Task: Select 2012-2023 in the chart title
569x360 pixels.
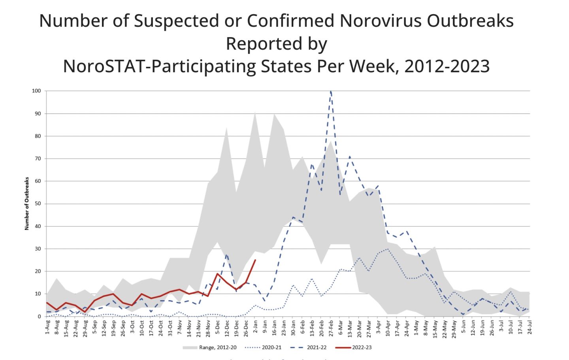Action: [447, 66]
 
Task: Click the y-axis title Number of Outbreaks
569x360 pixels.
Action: [27, 204]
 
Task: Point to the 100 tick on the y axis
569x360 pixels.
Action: [36, 91]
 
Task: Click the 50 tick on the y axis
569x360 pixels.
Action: [38, 204]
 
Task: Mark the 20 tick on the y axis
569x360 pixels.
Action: [38, 271]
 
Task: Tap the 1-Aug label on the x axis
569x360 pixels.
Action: [47, 327]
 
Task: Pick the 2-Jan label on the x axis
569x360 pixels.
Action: [255, 327]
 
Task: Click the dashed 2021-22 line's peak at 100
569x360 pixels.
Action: [331, 91]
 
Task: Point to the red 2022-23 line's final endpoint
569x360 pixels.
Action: [255, 260]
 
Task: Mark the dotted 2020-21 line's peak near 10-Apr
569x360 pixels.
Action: [388, 249]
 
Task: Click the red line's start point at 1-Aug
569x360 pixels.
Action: [47, 303]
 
